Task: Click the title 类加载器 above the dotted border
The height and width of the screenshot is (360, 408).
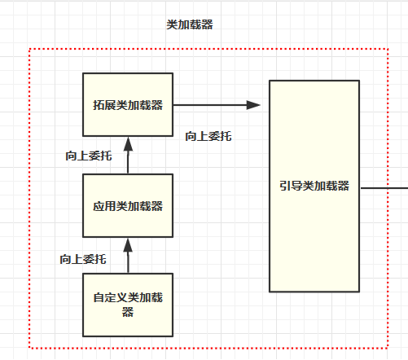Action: click(190, 25)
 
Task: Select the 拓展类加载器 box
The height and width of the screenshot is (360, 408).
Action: click(127, 104)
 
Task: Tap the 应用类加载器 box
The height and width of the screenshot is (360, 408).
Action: click(127, 204)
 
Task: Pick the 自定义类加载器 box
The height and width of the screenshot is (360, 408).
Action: click(127, 305)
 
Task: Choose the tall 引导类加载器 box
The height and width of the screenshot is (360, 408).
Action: click(314, 186)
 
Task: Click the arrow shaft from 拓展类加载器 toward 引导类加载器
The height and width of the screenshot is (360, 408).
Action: click(208, 104)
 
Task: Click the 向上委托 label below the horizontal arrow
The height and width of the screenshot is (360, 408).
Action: click(208, 136)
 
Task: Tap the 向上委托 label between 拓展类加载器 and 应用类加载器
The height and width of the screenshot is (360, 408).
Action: click(89, 156)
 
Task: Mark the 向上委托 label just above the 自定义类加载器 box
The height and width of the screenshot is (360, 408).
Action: click(83, 259)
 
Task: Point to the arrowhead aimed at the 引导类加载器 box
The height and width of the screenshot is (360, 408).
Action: click(253, 104)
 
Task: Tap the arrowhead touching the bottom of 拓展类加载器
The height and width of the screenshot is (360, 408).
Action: click(127, 143)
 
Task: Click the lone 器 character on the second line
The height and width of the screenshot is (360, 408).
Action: click(127, 313)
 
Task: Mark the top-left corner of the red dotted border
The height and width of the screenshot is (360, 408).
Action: click(30, 49)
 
